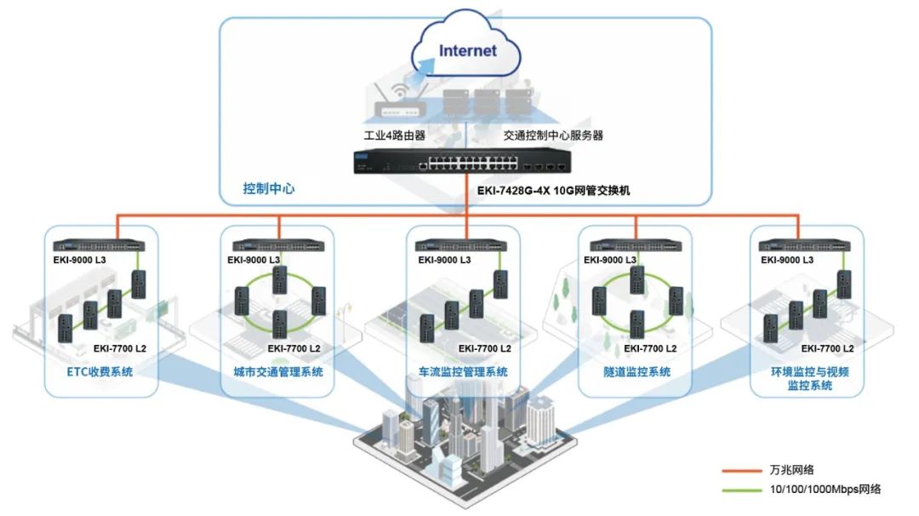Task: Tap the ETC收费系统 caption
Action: tap(100, 372)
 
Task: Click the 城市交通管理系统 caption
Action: tap(277, 372)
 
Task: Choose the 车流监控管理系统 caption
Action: tap(463, 372)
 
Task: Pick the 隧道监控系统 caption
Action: tap(636, 372)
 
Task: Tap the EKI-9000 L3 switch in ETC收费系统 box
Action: tap(99, 245)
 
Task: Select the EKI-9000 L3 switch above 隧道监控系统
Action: tap(636, 245)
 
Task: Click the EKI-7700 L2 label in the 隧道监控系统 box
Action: tap(650, 348)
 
